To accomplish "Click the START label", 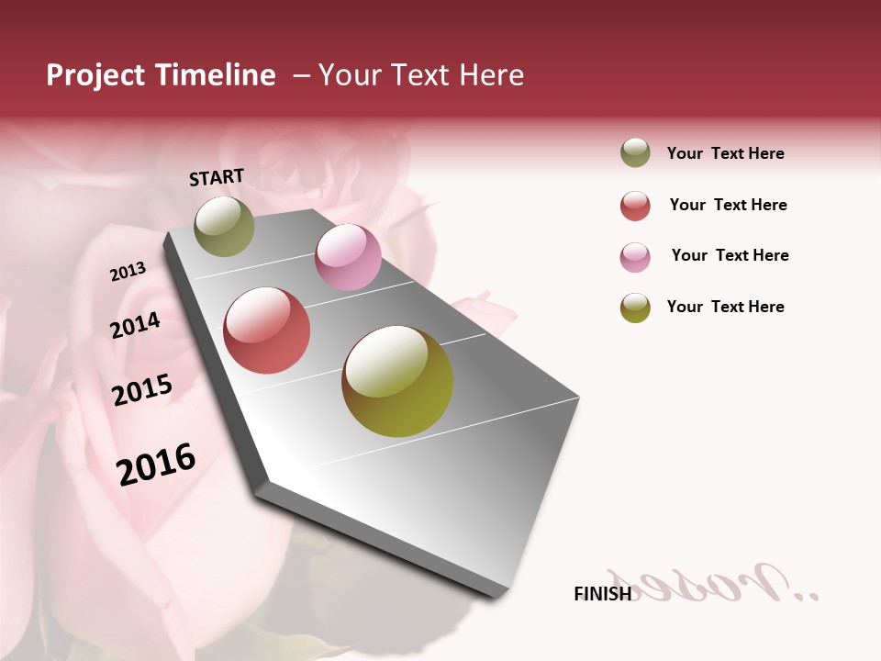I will (217, 177).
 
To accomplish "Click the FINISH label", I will (602, 594).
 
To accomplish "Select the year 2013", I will (128, 272).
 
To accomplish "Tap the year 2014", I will (135, 325).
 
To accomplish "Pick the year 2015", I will (142, 390).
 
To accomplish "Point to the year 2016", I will (156, 464).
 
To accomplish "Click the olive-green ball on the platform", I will (224, 226).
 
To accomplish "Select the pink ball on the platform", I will (348, 257).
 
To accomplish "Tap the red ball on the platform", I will (266, 330).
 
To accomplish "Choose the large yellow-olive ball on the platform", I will (397, 381).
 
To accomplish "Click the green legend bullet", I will (635, 153).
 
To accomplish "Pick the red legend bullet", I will (635, 206).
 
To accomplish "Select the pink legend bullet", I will (635, 257).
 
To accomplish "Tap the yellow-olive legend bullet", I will (635, 308).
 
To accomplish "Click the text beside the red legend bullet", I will (728, 205).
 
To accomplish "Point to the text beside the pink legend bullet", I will (730, 255).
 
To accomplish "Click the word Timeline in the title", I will (215, 75).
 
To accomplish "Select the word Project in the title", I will (95, 75).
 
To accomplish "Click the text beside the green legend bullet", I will (725, 153).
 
